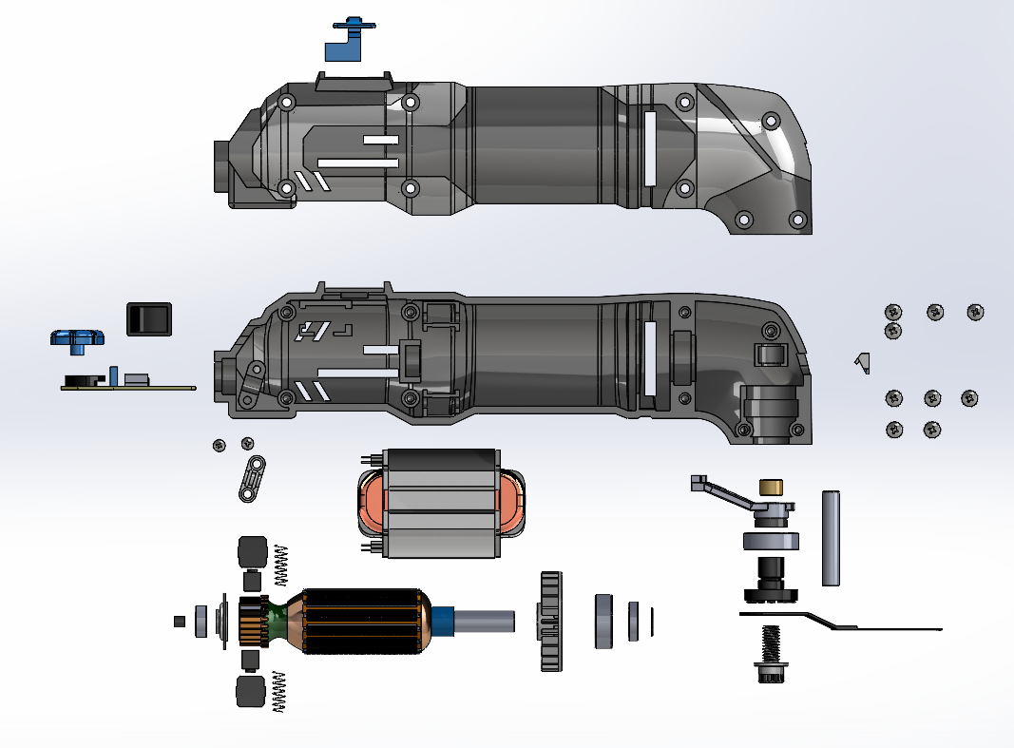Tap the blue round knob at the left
(x=76, y=337)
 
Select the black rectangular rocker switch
(x=148, y=318)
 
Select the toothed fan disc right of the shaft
(x=551, y=622)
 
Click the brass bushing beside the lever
(x=771, y=488)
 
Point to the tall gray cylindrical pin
(x=831, y=537)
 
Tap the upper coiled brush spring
(x=280, y=565)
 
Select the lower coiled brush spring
(x=279, y=691)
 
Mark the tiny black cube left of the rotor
(x=179, y=622)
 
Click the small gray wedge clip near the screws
(x=862, y=362)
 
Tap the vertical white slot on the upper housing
(x=650, y=147)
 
